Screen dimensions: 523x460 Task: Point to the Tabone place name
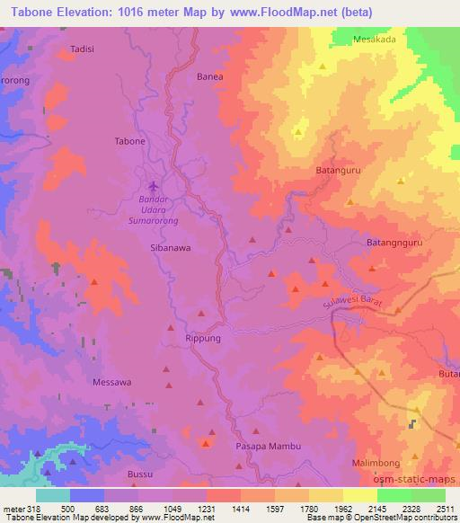[129, 141]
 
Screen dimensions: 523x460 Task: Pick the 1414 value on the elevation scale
[240, 508]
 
